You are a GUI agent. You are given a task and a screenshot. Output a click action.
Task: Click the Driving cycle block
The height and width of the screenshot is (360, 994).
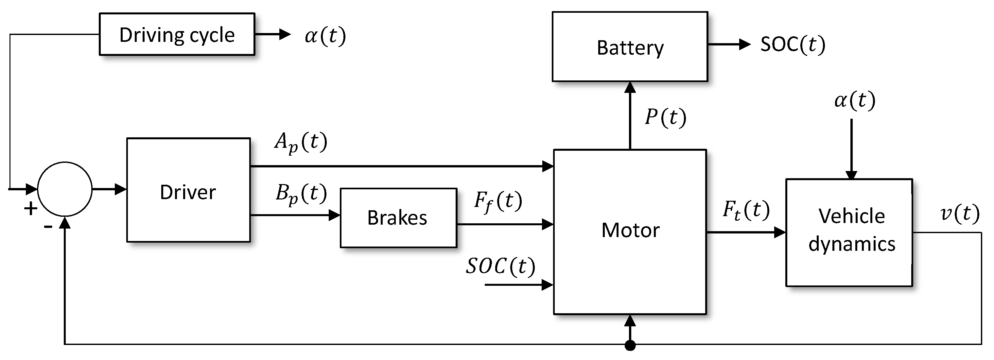pyautogui.click(x=177, y=34)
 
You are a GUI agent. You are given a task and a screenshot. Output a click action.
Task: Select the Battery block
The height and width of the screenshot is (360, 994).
pyautogui.click(x=629, y=47)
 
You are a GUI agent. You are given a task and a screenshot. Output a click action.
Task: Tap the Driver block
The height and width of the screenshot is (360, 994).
pyautogui.click(x=188, y=190)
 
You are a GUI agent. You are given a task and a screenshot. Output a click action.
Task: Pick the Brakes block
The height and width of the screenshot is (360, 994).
pyautogui.click(x=398, y=218)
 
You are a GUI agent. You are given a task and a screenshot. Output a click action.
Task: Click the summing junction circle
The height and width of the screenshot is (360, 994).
pyautogui.click(x=64, y=189)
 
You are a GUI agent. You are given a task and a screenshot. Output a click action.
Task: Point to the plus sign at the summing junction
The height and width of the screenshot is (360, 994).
pyautogui.click(x=30, y=209)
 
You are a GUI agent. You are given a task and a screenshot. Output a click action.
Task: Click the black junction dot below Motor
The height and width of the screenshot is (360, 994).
pyautogui.click(x=630, y=345)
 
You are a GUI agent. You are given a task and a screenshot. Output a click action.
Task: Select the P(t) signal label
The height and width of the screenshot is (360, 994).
pyautogui.click(x=665, y=117)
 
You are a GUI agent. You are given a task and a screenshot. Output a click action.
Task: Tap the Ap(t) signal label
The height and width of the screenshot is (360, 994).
pyautogui.click(x=301, y=142)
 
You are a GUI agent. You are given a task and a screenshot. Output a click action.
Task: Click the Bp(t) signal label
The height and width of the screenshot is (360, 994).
pyautogui.click(x=301, y=194)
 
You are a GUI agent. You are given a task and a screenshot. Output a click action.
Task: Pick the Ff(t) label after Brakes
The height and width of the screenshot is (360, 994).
pyautogui.click(x=498, y=201)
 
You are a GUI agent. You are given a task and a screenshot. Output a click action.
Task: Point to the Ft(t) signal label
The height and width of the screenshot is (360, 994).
pyautogui.click(x=745, y=211)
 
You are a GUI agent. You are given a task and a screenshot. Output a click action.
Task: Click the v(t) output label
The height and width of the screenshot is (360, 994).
pyautogui.click(x=960, y=213)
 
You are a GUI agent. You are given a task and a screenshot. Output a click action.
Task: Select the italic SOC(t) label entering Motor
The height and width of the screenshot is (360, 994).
pyautogui.click(x=500, y=266)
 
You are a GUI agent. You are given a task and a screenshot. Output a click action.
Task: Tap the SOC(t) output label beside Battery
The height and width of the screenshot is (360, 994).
pyautogui.click(x=793, y=44)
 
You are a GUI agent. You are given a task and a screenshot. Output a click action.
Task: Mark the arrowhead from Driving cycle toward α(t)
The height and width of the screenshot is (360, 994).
pyautogui.click(x=285, y=34)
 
